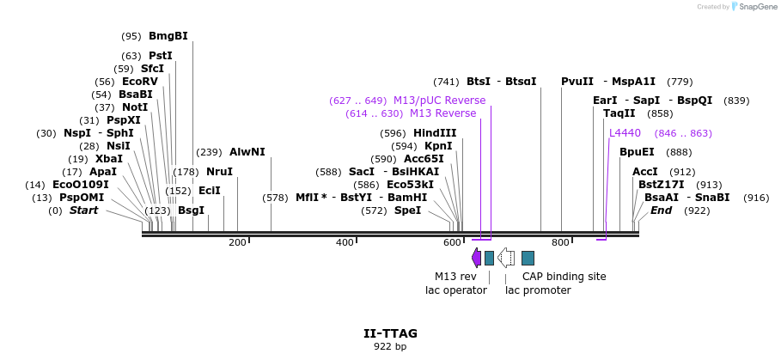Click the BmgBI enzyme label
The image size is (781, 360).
click(168, 36)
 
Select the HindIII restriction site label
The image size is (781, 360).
click(435, 133)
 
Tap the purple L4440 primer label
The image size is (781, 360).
click(625, 133)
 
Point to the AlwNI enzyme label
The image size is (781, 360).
click(247, 152)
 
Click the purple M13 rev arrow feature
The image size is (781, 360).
click(476, 257)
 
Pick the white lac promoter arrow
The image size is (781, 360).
click(507, 257)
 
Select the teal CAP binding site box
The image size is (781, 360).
click(528, 258)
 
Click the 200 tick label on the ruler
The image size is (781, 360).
click(237, 243)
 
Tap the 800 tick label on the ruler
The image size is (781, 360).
click(560, 243)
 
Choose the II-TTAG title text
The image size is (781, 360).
click(390, 333)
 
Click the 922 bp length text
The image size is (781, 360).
click(390, 347)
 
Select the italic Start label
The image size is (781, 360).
click(84, 211)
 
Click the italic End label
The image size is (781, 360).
click(662, 211)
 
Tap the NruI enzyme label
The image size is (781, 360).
click(219, 172)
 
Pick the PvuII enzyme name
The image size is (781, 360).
click(577, 82)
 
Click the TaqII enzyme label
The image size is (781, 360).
click(619, 113)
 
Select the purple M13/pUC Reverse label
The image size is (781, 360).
click(439, 101)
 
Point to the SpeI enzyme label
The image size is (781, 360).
click(408, 211)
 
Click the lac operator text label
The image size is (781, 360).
click(456, 290)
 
